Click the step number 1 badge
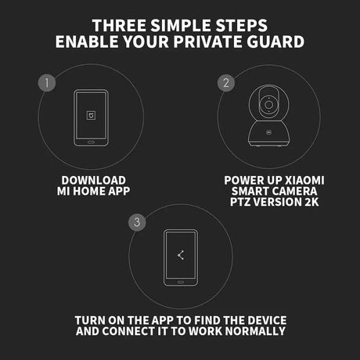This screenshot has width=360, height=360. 47,83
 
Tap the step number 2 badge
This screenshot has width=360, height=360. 226,83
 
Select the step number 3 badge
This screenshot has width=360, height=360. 137,222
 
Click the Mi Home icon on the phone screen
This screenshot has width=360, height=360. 91,115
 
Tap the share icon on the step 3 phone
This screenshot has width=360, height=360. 181,255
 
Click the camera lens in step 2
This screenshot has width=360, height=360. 268,105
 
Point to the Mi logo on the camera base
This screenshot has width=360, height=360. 268,132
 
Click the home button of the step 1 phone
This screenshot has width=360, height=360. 91,142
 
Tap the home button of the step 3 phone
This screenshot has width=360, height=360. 181,282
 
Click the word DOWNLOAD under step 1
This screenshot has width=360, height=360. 94,181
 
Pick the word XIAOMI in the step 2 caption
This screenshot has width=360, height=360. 304,181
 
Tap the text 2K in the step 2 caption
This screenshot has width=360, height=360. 311,202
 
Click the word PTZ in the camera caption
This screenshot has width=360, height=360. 240,202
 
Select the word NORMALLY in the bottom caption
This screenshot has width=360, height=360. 255,331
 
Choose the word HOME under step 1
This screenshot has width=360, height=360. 89,191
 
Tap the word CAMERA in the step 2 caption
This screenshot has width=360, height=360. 293,191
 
